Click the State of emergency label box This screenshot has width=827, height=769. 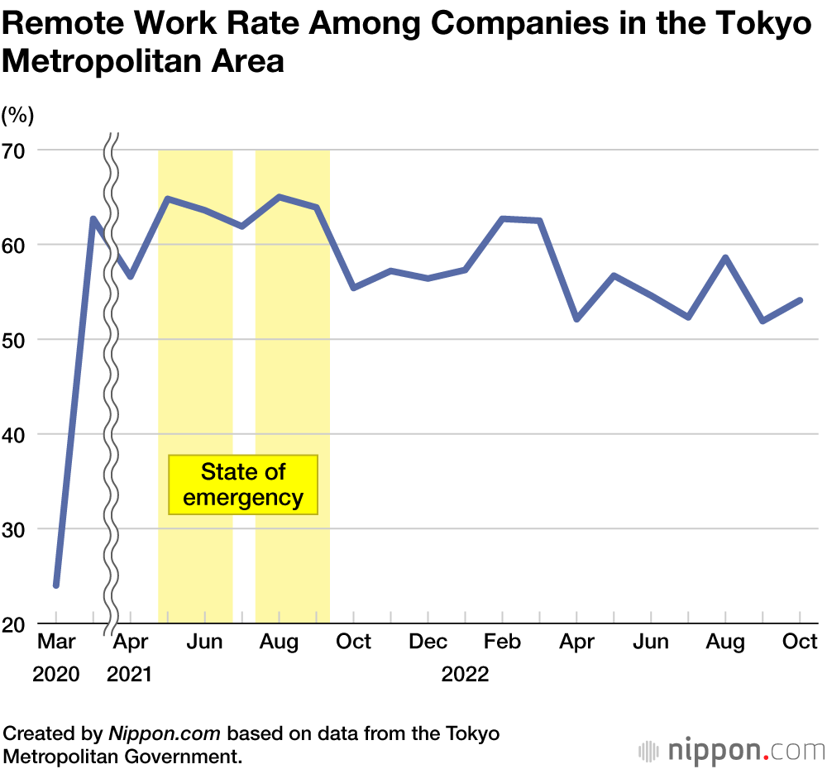click(243, 485)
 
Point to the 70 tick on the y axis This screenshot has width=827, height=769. click(16, 150)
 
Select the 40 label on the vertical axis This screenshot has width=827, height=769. click(16, 434)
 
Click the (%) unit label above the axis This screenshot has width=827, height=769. click(18, 115)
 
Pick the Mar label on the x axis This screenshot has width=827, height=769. click(56, 642)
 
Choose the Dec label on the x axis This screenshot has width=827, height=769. click(428, 642)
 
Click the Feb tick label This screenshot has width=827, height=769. click(503, 642)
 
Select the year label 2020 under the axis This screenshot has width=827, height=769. click(56, 675)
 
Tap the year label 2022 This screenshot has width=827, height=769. click(466, 675)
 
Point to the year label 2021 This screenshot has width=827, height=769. click(130, 675)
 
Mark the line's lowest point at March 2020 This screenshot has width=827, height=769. click(56, 585)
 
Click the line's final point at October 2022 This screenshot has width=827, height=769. click(800, 300)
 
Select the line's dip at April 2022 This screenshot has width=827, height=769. click(576, 319)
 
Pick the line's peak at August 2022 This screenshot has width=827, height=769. click(725, 257)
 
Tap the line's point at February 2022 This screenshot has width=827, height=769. click(503, 218)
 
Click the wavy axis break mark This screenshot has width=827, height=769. click(112, 380)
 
